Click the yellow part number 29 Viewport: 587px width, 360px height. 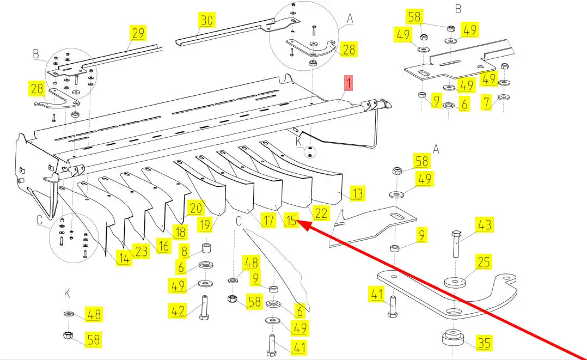(138, 33)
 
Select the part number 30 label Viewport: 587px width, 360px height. (206, 21)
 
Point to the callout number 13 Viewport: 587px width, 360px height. (357, 193)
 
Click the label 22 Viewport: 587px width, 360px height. (321, 213)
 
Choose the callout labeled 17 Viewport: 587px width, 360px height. (268, 221)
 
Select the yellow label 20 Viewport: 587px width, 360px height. (195, 208)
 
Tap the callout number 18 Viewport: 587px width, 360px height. (180, 231)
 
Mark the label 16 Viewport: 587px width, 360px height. (163, 245)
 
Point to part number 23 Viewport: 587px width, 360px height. (141, 251)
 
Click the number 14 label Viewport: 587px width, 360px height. (124, 259)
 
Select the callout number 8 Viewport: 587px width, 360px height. (184, 252)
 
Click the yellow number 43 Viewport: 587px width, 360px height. (484, 224)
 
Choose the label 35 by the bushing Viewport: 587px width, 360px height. (484, 343)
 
